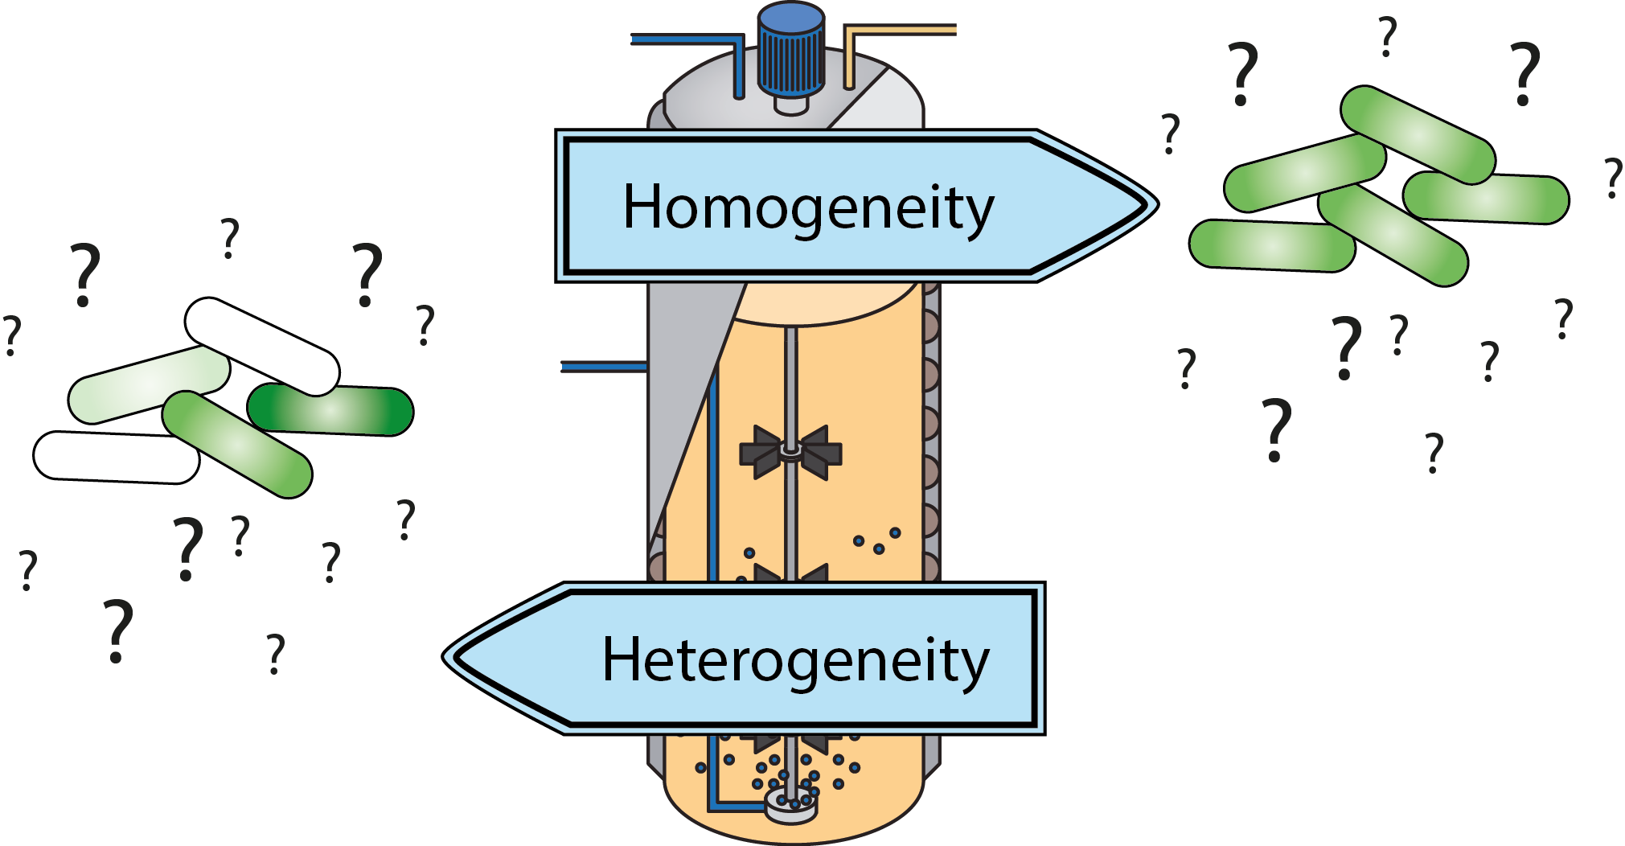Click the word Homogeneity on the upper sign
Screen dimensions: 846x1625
808,207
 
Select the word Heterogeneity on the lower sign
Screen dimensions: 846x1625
795,660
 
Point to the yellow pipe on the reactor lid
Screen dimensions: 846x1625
893,31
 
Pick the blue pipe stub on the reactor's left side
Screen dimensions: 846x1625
603,367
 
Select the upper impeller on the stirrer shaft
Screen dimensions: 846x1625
790,453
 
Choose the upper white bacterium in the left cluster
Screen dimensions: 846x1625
262,346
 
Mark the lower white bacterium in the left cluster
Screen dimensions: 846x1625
117,457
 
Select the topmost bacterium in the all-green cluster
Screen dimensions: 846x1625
1417,134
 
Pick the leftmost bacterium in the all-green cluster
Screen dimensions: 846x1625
1271,245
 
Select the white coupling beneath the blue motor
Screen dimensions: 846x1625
790,105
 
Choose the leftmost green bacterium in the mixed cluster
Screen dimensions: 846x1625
149,384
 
